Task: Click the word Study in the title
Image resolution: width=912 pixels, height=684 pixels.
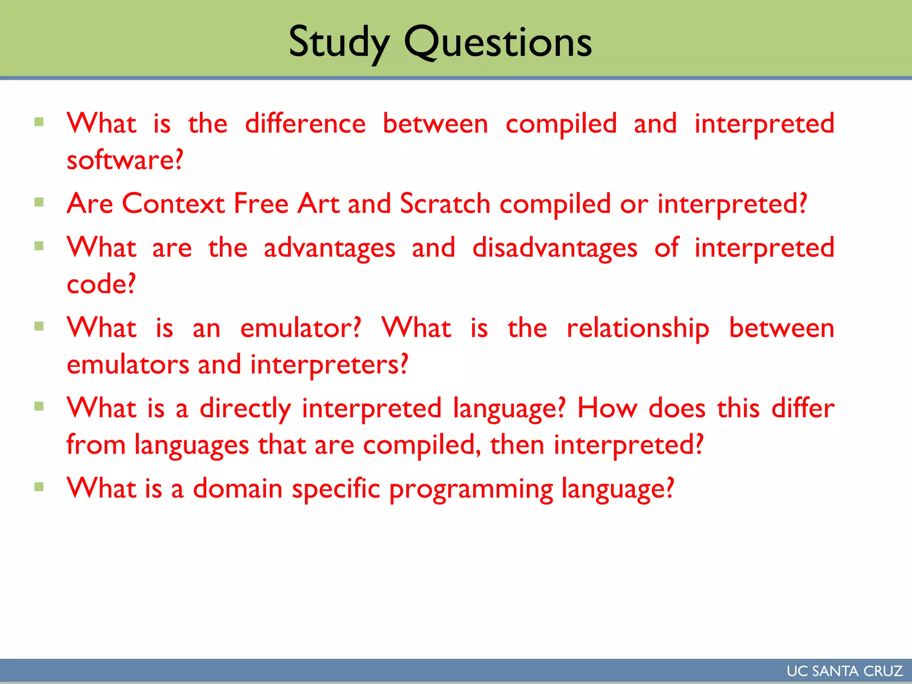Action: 339,43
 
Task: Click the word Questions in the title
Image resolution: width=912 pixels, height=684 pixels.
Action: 497,43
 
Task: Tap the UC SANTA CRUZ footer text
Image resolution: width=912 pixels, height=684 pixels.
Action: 844,671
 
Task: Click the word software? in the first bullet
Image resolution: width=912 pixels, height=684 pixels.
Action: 125,160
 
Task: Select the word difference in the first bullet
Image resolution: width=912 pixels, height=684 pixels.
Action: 305,124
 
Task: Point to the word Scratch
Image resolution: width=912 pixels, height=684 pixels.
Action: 445,204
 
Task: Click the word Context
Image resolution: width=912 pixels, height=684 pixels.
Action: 173,204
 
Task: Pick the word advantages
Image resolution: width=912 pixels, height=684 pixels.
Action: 329,248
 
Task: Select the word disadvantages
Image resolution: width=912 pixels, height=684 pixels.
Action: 554,248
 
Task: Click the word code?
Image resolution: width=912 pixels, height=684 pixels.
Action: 101,285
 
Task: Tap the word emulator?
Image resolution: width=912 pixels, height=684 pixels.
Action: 301,329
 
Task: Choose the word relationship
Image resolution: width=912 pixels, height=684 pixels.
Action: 638,329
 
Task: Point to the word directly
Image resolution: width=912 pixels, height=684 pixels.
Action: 245,409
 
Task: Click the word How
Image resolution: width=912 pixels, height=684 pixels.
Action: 607,409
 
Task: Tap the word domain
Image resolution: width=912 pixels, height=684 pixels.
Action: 237,489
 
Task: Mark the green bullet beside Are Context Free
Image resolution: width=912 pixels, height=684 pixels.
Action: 39,203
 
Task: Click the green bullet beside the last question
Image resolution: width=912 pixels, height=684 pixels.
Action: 39,487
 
